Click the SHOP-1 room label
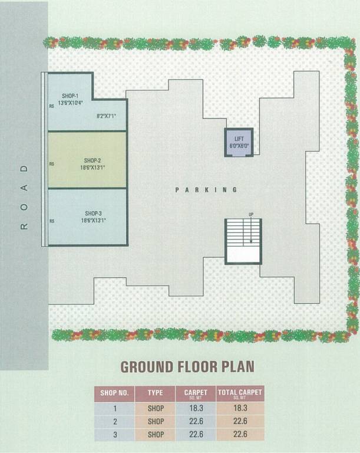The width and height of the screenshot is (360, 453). [70, 96]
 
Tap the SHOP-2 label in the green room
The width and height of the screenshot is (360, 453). [93, 160]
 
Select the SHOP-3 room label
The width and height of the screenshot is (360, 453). [93, 213]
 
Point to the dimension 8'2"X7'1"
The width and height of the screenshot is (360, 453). [107, 117]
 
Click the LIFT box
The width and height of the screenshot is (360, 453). [239, 142]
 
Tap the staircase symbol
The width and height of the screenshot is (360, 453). [243, 241]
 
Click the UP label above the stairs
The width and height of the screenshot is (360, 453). [251, 214]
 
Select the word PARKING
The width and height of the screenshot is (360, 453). [206, 190]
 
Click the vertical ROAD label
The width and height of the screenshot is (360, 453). [24, 198]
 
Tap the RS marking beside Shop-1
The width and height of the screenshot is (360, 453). [52, 107]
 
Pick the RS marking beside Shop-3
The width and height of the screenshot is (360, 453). [52, 221]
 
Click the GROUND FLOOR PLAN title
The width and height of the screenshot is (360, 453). [187, 366]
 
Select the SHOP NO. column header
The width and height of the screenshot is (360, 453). [114, 393]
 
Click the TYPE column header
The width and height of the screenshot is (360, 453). [156, 393]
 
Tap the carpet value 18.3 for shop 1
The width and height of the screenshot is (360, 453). [196, 408]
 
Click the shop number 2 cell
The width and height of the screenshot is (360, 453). [114, 421]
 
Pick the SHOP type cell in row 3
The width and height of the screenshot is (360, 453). [156, 435]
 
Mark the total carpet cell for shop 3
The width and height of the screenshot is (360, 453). [240, 435]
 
